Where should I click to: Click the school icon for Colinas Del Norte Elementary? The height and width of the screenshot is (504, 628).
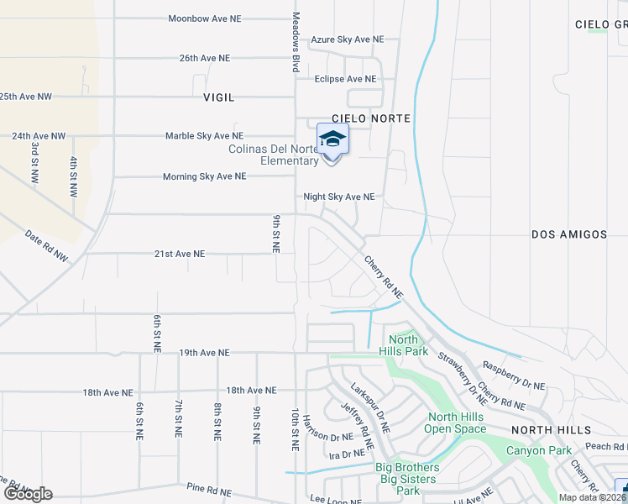pos(332,139)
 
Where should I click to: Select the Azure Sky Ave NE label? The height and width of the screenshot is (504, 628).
pos(347,39)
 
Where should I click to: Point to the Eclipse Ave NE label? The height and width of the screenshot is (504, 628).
pos(345,79)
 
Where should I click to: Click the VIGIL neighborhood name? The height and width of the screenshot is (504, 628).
pos(218,97)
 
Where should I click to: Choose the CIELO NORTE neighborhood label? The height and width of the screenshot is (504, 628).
pos(371,118)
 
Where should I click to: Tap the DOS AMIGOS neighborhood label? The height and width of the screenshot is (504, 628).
pos(569,234)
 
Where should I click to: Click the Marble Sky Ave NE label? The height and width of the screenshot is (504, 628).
pos(204,135)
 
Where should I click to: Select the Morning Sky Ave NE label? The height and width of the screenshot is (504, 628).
pos(204,176)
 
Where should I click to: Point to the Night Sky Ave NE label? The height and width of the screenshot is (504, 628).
pos(338,197)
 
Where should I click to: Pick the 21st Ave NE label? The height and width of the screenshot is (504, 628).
pos(179,253)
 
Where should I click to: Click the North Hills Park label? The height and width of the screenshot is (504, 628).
pos(404,345)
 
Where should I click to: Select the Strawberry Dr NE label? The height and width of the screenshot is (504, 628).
pos(462,374)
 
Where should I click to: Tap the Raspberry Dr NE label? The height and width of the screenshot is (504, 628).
pos(513,376)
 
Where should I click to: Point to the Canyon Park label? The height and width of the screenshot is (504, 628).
pos(537,451)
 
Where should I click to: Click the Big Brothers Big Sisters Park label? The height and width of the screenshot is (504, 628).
pos(407,479)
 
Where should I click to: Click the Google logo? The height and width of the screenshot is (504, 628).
pos(28,494)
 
